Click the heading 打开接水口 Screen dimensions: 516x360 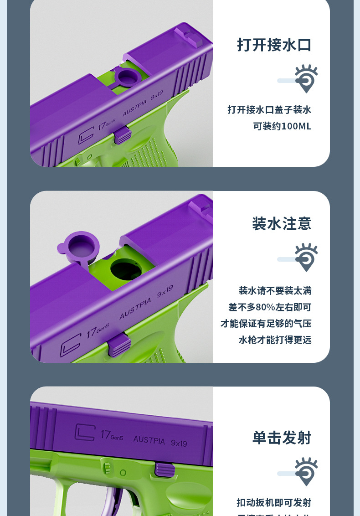coord(274,45)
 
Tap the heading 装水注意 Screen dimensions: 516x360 coord(281,223)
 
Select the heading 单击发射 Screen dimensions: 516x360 coord(282,438)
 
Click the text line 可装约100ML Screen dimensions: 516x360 coord(282,126)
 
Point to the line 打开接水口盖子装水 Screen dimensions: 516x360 coord(269,110)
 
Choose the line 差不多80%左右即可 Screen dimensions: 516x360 coord(270,307)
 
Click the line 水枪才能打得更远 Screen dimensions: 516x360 coord(275,340)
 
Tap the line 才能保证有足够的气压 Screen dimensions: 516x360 coord(266,324)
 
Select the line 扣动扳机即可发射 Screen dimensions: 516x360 coord(274,502)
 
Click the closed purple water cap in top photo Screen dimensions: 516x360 coord(126,76)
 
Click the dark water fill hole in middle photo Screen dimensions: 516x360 coord(126,269)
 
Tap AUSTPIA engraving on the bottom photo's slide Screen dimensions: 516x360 coord(149,440)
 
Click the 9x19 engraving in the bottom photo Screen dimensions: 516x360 coord(179,443)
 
